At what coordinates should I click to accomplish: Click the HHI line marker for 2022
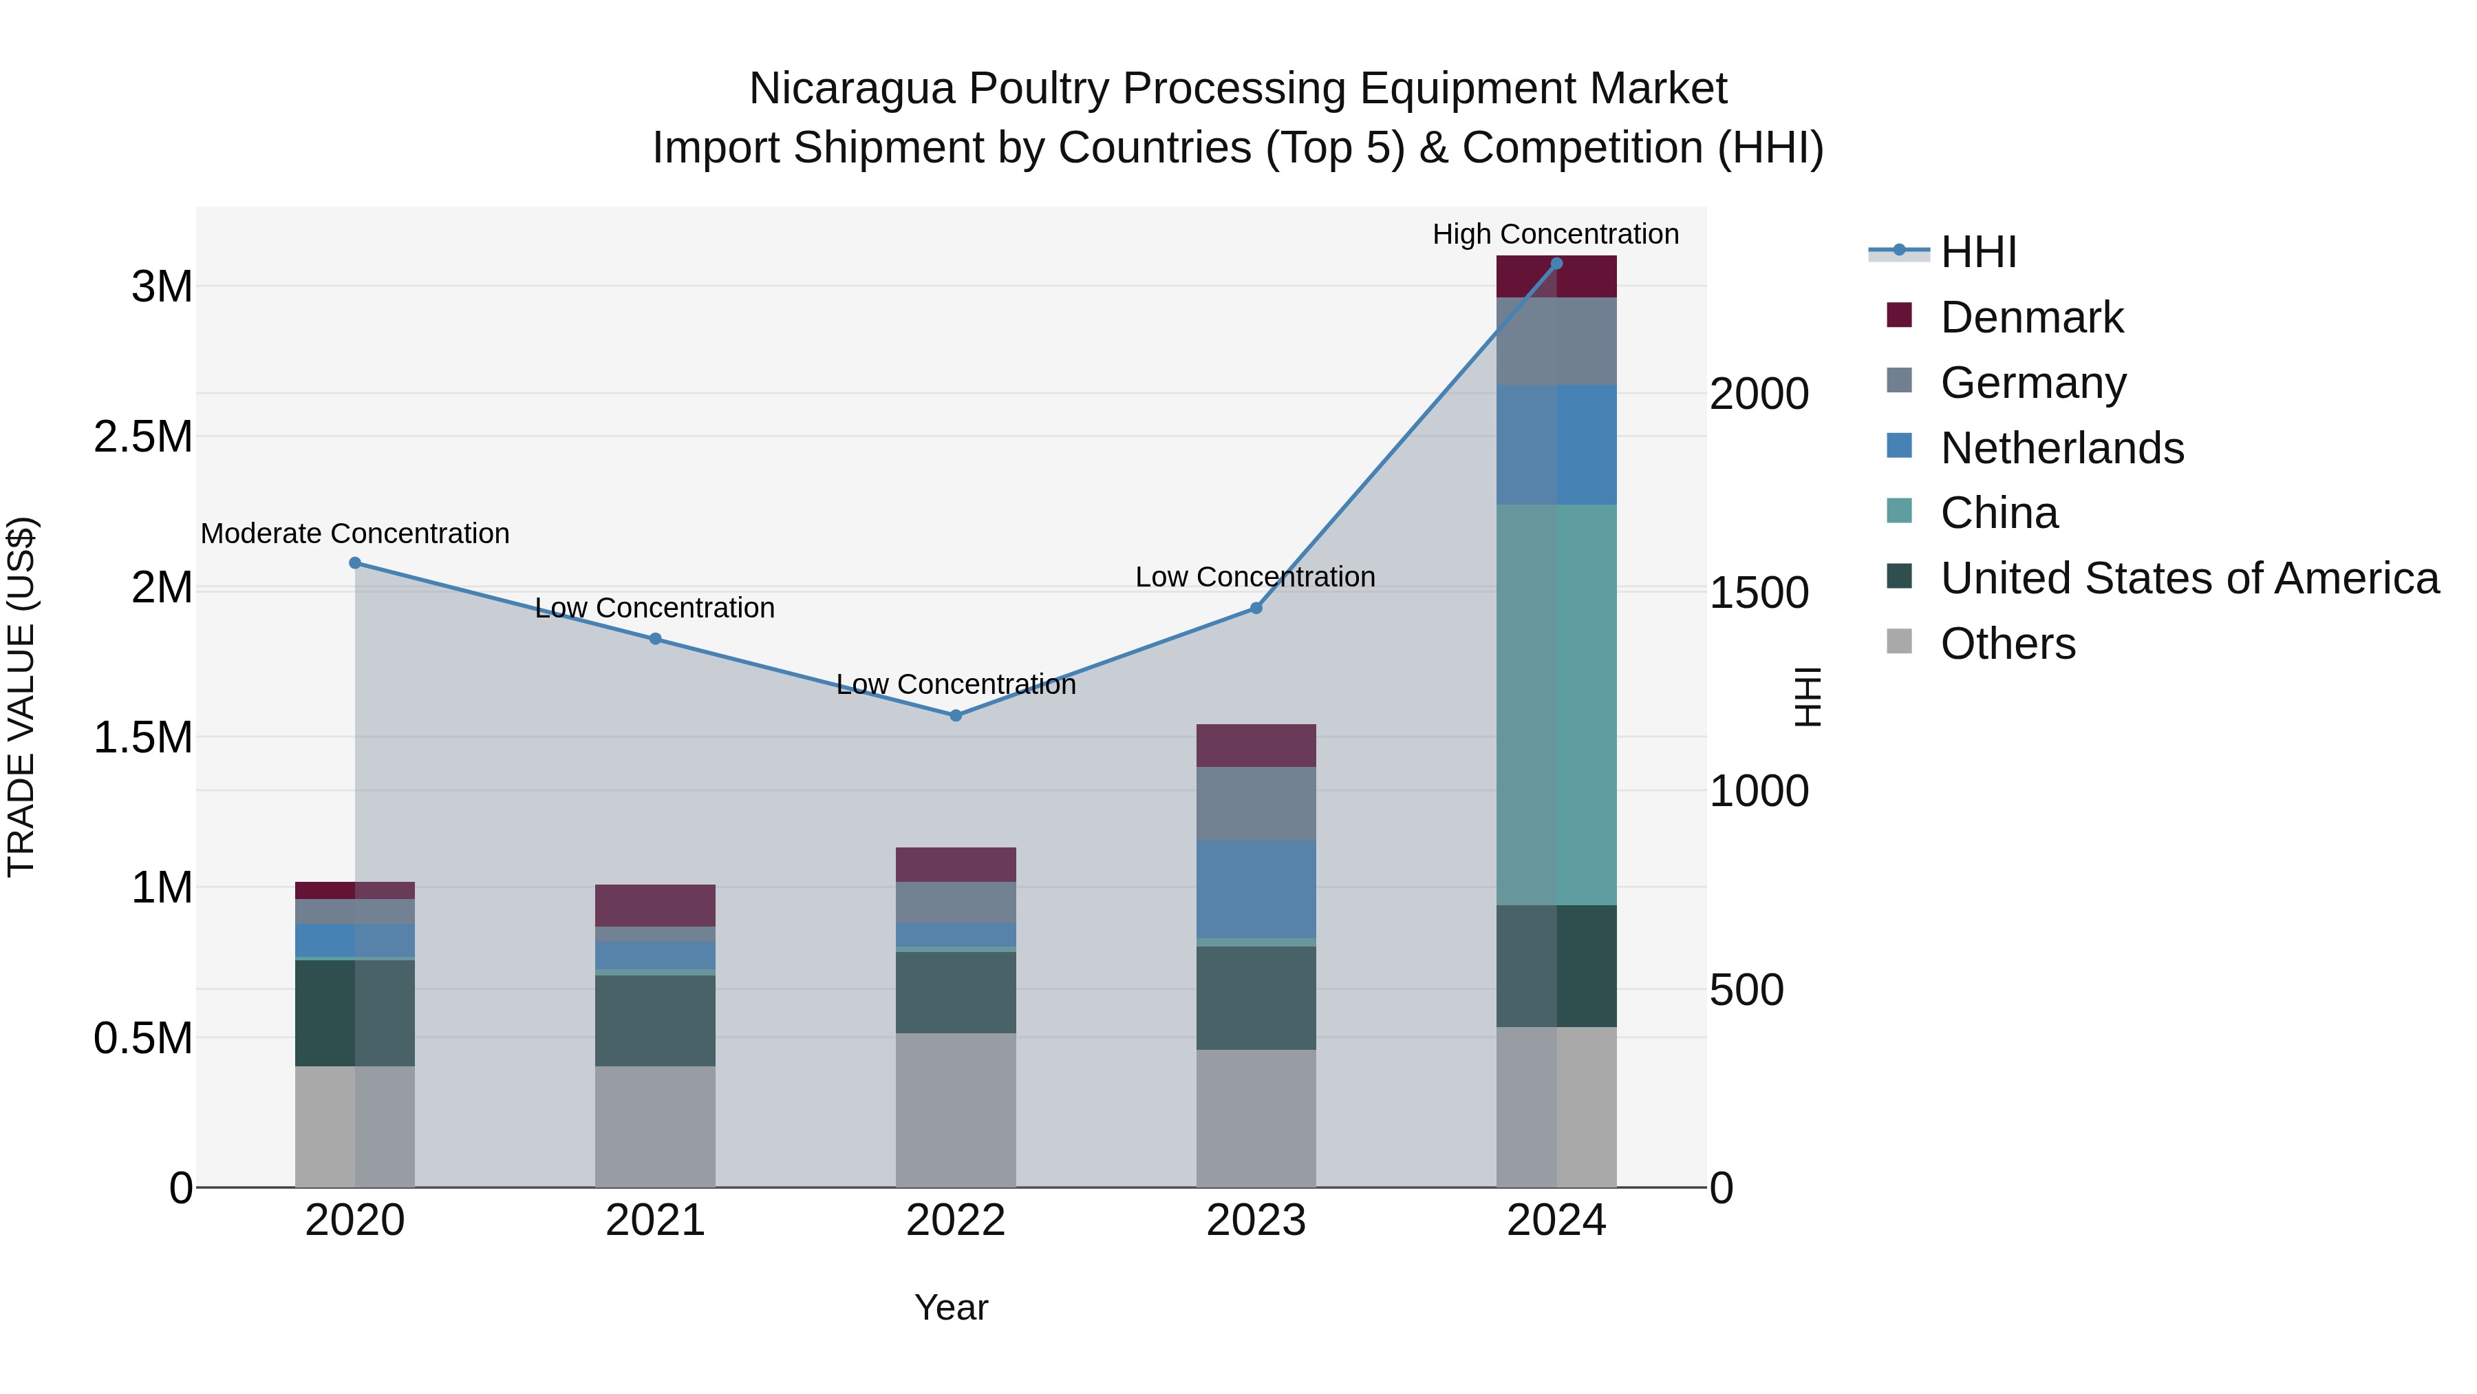pyautogui.click(x=955, y=716)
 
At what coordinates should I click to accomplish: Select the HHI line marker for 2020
pyautogui.click(x=355, y=563)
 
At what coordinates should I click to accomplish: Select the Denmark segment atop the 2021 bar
pyautogui.click(x=655, y=905)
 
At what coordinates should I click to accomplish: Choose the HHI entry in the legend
pyautogui.click(x=1978, y=252)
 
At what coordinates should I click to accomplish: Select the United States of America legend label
pyautogui.click(x=2189, y=578)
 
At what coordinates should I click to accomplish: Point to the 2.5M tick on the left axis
pyautogui.click(x=143, y=436)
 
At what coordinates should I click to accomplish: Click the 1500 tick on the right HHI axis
pyautogui.click(x=1759, y=593)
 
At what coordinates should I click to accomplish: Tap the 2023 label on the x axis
pyautogui.click(x=1256, y=1221)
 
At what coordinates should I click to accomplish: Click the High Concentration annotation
pyautogui.click(x=1555, y=234)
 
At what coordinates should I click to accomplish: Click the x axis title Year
pyautogui.click(x=951, y=1307)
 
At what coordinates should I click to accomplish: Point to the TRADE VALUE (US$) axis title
pyautogui.click(x=21, y=697)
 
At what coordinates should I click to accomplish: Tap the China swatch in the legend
pyautogui.click(x=1899, y=511)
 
